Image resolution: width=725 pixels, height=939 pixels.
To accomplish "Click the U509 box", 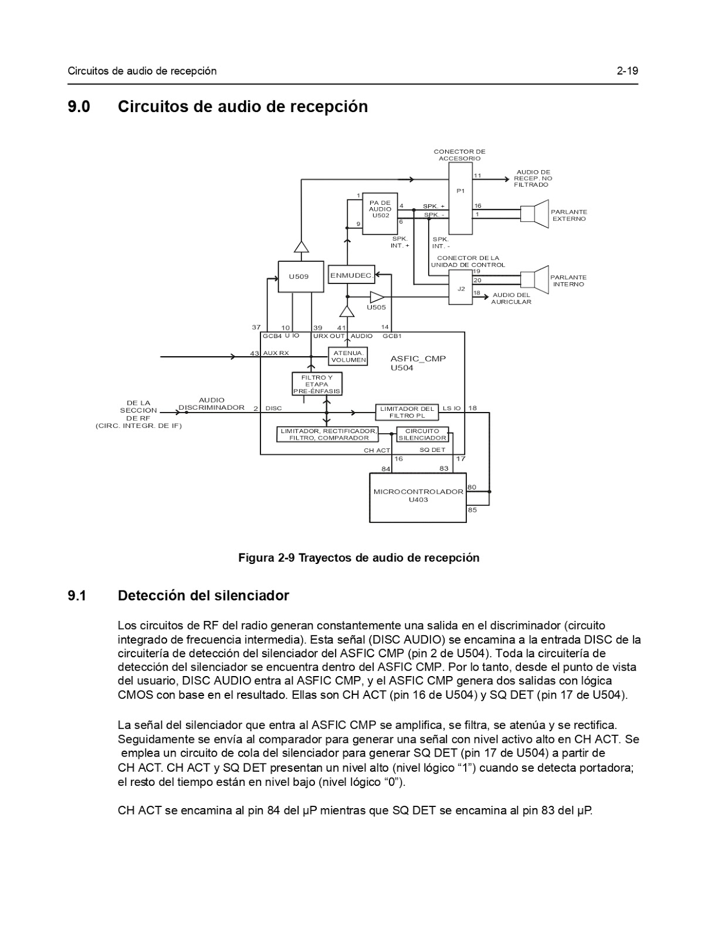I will tap(300, 276).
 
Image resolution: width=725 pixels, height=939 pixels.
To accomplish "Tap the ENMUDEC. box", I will tap(351, 275).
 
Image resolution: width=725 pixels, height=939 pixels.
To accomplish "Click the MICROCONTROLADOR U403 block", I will tap(418, 497).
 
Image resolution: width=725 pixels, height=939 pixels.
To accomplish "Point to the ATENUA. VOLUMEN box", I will tap(348, 356).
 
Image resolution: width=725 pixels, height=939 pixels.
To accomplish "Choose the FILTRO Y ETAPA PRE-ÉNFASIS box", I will tap(317, 384).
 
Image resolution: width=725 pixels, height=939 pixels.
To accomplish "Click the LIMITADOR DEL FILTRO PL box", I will tap(407, 412).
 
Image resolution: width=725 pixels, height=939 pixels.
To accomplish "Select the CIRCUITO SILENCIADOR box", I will tap(422, 434).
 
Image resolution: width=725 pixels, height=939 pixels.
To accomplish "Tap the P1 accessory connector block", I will tap(460, 199).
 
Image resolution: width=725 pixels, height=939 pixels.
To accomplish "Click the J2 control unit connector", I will tap(460, 288).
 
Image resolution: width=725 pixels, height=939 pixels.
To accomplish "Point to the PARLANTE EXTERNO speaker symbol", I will tap(534, 214).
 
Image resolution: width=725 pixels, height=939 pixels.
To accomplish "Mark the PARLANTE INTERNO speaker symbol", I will tap(534, 280).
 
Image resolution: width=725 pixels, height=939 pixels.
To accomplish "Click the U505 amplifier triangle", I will tap(377, 297).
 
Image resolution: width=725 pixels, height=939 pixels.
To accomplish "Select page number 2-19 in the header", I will tap(627, 71).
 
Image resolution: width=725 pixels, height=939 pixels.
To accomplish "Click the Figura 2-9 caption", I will tap(358, 558).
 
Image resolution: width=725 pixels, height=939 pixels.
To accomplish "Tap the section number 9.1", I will tap(77, 596).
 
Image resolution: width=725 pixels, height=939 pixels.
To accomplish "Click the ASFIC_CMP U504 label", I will tap(418, 363).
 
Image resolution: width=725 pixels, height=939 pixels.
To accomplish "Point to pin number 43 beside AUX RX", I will tap(254, 353).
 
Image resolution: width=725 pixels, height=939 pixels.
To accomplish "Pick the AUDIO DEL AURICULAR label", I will tap(511, 298).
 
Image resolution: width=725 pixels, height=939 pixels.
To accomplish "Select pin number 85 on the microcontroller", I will tap(472, 510).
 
